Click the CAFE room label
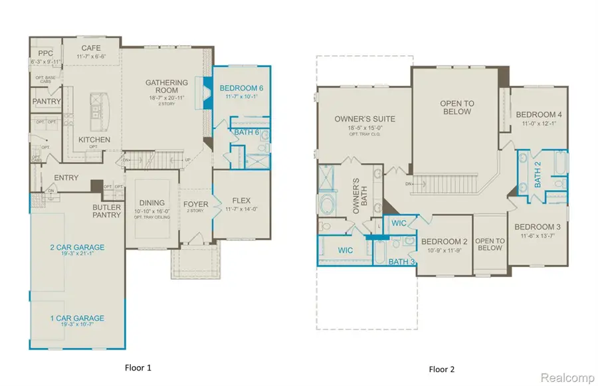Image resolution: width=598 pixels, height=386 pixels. coord(90,48)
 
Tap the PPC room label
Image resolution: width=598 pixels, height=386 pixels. coord(45,53)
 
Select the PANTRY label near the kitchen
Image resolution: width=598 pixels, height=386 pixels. coord(47,102)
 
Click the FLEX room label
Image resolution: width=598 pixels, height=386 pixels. coord(240,200)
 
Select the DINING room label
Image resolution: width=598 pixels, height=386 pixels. coord(151,204)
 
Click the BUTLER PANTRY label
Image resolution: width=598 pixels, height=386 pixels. coord(106,212)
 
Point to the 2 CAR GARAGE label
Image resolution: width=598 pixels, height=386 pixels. coord(78,248)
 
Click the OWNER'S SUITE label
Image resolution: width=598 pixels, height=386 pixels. coord(365,120)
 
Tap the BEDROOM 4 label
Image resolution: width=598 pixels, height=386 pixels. coord(539,114)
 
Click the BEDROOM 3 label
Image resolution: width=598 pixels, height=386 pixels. coord(538,225)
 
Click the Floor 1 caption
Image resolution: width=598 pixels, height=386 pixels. coord(141,366)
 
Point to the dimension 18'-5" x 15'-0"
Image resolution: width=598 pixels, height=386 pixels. coord(365,128)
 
